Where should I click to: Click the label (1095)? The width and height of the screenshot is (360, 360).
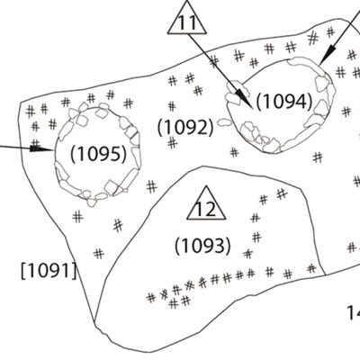pyautogui.click(x=98, y=154)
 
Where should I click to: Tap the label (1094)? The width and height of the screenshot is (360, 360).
pyautogui.click(x=284, y=102)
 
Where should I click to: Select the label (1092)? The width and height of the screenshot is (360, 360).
pyautogui.click(x=186, y=127)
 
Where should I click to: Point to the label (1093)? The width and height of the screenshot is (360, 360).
pyautogui.click(x=203, y=246)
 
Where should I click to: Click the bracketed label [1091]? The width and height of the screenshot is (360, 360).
pyautogui.click(x=49, y=271)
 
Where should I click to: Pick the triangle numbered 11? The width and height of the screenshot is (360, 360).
pyautogui.click(x=187, y=18)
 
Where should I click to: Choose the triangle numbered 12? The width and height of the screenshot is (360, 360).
pyautogui.click(x=206, y=203)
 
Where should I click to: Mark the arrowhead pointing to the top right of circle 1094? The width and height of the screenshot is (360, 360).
pyautogui.click(x=328, y=55)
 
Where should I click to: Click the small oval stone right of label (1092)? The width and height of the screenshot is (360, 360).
pyautogui.click(x=224, y=122)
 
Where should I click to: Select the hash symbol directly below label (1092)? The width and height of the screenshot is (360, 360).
pyautogui.click(x=172, y=142)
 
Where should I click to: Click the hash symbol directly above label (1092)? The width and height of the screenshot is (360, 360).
pyautogui.click(x=172, y=106)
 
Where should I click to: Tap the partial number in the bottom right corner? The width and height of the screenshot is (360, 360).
pyautogui.click(x=354, y=312)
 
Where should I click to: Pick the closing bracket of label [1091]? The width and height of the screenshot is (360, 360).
pyautogui.click(x=75, y=271)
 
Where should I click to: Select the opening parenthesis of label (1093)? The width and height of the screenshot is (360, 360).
pyautogui.click(x=177, y=247)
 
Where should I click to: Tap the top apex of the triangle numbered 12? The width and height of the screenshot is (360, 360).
pyautogui.click(x=206, y=186)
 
